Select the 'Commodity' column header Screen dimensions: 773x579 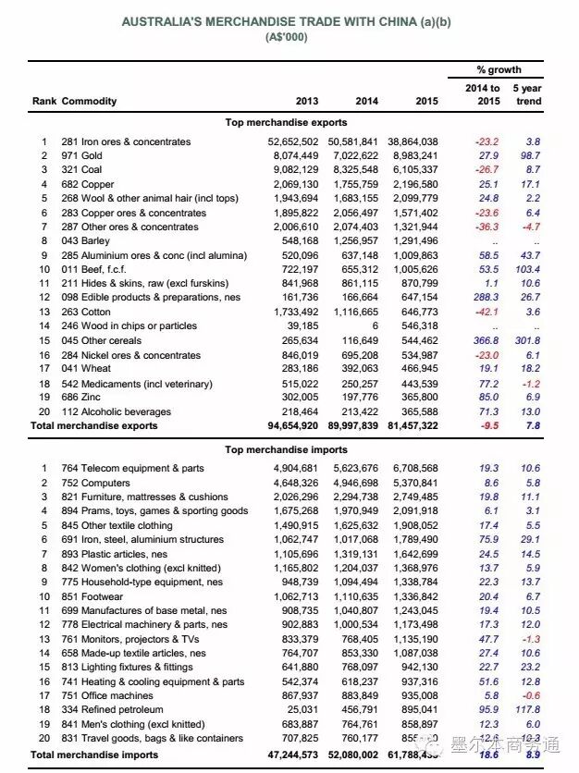point(90,101)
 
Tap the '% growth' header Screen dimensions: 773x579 point(499,70)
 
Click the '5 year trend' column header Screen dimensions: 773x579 point(528,94)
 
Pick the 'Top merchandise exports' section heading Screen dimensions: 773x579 point(287,122)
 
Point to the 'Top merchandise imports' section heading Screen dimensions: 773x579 point(287,449)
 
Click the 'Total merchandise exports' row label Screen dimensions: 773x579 point(93,426)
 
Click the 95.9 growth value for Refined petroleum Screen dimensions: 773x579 point(487,709)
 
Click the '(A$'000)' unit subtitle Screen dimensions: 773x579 point(287,37)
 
